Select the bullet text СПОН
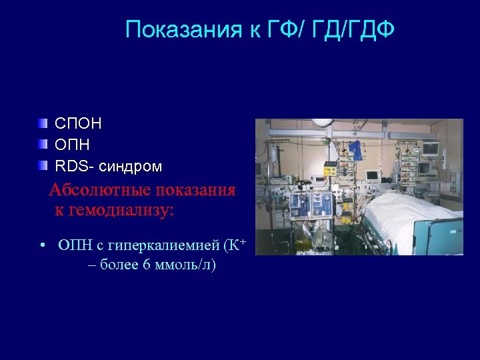(78, 124)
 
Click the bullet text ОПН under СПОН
(72, 145)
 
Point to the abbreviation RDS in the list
(69, 165)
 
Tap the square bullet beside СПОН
(43, 123)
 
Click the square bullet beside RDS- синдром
(43, 165)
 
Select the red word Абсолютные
(100, 190)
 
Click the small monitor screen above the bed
(371, 175)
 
